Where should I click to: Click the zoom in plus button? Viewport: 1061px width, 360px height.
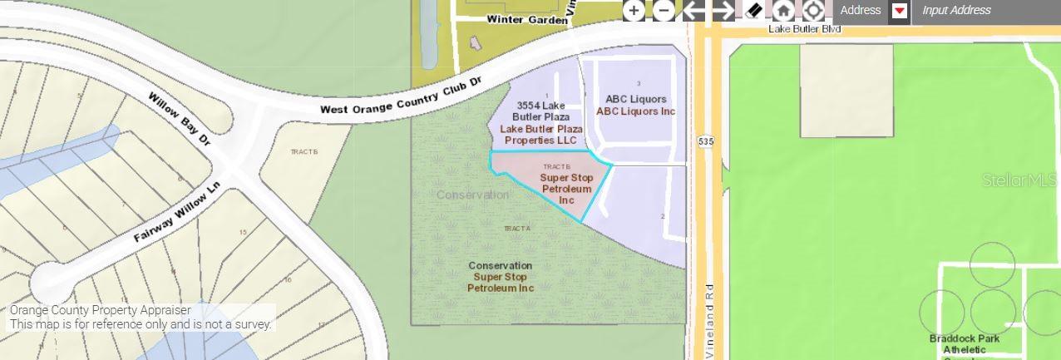[634, 11]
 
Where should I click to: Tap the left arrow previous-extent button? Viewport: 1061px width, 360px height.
[693, 11]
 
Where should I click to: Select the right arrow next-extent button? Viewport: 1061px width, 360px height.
[723, 11]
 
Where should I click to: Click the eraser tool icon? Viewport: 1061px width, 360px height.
[753, 11]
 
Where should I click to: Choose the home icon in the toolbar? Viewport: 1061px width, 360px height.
[783, 11]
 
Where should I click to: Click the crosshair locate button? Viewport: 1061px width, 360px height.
[813, 11]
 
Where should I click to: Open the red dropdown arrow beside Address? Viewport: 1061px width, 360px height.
[899, 11]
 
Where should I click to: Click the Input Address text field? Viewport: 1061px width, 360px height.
[985, 11]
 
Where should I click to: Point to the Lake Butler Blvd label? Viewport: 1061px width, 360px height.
[804, 29]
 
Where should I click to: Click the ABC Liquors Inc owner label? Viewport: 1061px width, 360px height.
[635, 111]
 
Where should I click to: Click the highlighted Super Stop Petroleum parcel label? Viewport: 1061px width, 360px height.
[566, 189]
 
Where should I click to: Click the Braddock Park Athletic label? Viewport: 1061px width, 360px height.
[965, 344]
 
